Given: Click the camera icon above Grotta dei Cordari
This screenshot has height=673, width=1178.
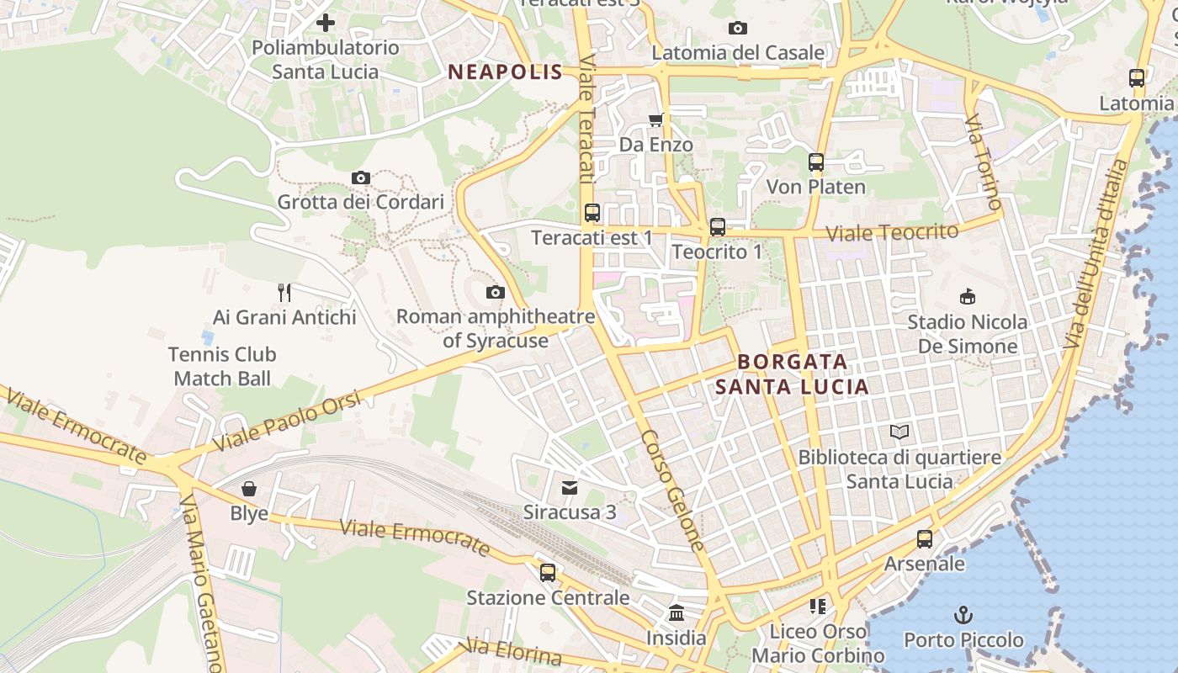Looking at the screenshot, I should [x=361, y=178].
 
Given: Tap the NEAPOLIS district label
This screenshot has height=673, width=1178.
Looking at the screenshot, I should [x=505, y=72].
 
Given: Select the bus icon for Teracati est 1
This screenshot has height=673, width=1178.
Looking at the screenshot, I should [x=592, y=213].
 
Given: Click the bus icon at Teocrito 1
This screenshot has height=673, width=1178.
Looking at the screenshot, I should [x=718, y=227].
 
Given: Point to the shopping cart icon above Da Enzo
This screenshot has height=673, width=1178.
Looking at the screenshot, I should [x=655, y=119].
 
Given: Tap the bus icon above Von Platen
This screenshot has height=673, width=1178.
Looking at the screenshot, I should [x=816, y=162].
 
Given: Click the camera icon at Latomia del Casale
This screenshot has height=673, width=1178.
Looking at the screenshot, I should [x=738, y=28].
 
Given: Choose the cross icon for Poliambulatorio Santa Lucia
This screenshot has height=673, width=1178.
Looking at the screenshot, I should [x=326, y=23].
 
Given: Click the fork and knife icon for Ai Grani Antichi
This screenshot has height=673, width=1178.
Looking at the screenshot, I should [x=284, y=293].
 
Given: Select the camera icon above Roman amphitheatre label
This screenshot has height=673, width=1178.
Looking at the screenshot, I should [x=496, y=292].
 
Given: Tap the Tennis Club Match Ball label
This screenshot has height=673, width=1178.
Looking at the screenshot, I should [x=222, y=367].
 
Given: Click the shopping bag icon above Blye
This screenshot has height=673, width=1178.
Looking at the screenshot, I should [x=249, y=489].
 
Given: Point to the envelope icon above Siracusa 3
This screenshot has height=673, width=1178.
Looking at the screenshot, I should [x=570, y=487].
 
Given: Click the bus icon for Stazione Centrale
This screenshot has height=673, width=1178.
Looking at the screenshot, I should [x=548, y=573].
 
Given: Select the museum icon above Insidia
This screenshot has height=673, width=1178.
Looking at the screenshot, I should [x=677, y=613].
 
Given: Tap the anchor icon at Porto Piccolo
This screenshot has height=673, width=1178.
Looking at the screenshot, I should [x=963, y=615].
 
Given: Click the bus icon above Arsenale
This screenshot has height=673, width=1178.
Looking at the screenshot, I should [x=925, y=539].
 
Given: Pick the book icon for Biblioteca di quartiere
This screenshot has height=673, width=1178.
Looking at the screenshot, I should [x=899, y=432].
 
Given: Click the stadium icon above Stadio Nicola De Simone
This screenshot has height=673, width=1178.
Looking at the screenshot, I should [x=968, y=296].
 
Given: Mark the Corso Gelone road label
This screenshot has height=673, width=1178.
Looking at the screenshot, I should [x=671, y=490].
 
